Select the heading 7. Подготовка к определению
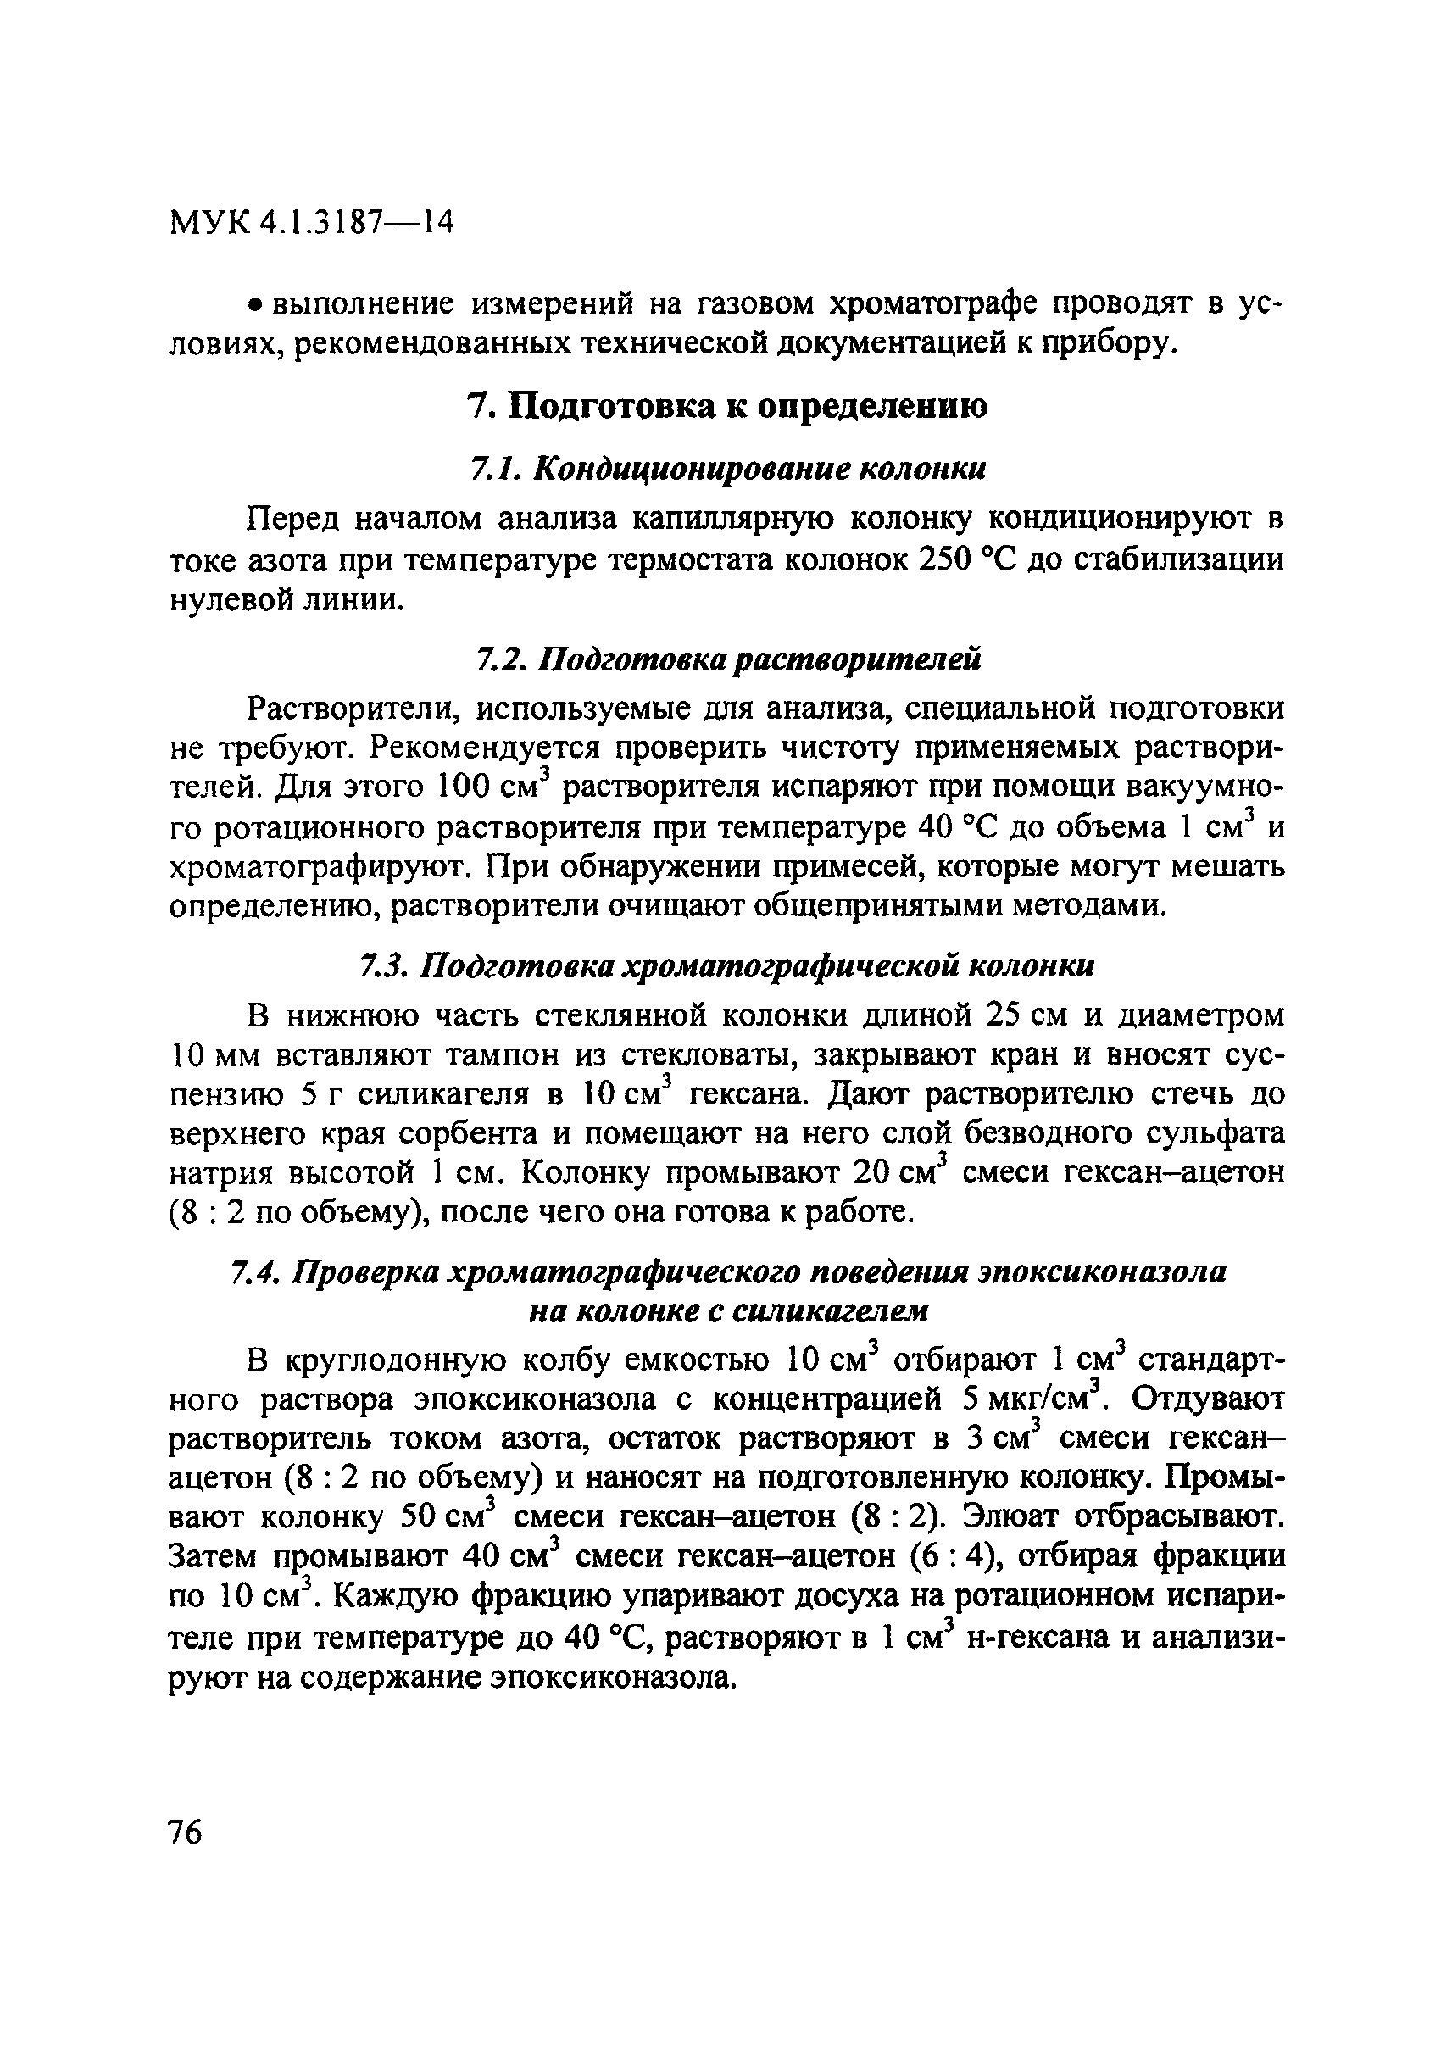pos(728,407)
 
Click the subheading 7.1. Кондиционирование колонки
pos(728,469)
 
